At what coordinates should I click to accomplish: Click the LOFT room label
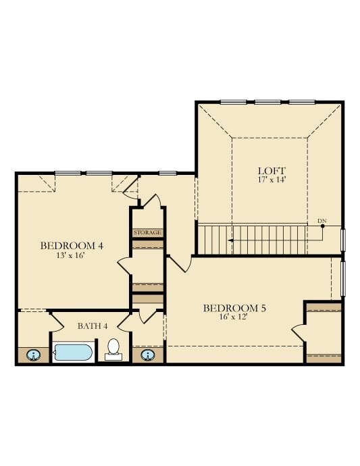point(272,170)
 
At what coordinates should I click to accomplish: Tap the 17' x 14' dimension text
point(272,180)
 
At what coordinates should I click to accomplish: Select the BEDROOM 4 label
point(72,245)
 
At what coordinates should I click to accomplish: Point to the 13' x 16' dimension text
point(71,255)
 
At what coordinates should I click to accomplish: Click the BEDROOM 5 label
point(234,308)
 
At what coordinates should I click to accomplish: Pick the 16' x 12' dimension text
point(234,317)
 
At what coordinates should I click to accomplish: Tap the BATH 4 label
point(93,326)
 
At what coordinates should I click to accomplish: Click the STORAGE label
point(148,232)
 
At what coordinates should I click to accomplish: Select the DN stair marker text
point(322,220)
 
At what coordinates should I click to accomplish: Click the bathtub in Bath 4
point(74,352)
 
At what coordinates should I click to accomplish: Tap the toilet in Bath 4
point(113,348)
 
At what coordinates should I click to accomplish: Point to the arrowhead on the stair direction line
point(230,240)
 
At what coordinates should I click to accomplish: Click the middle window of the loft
point(267,102)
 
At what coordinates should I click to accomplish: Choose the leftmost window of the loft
point(233,102)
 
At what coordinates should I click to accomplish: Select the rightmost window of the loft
point(302,102)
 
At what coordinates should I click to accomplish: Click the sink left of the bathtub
point(32,354)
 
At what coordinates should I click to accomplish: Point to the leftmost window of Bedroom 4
point(68,173)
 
